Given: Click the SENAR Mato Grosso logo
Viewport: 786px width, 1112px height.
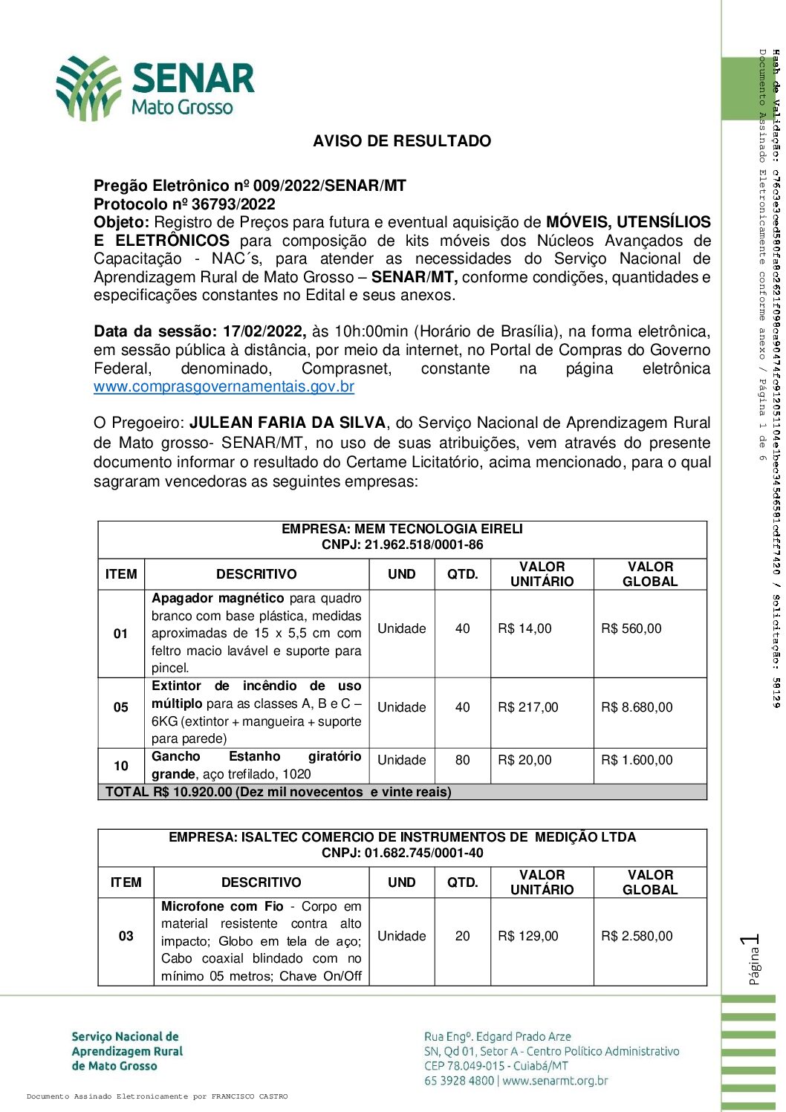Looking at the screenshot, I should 156,88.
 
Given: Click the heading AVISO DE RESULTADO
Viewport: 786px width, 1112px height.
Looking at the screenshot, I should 402,141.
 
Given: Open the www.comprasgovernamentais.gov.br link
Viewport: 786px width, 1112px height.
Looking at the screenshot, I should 224,387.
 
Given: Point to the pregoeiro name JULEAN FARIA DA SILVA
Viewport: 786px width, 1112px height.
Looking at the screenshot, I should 288,423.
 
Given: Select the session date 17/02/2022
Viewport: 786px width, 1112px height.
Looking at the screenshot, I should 264,331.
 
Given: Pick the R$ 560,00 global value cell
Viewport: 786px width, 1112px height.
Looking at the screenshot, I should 631,628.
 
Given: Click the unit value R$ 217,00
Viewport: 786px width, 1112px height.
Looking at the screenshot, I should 527,707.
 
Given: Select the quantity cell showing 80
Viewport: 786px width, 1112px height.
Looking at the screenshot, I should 462,760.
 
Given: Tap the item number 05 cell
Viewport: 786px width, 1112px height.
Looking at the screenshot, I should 121,707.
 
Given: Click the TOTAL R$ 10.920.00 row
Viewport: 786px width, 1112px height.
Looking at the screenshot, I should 278,792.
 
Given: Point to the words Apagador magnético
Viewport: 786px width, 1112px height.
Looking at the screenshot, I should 218,598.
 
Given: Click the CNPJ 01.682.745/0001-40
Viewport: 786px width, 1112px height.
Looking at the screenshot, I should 423,853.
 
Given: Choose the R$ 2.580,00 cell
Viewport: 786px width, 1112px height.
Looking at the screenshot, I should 637,936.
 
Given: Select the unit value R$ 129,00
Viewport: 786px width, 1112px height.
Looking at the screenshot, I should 527,936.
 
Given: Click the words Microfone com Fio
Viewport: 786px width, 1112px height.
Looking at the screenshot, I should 222,906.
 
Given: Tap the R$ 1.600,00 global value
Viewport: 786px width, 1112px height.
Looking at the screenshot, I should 637,760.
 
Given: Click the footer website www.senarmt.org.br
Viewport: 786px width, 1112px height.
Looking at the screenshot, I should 555,1081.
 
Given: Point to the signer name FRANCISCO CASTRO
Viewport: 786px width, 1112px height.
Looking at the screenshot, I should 250,1096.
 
